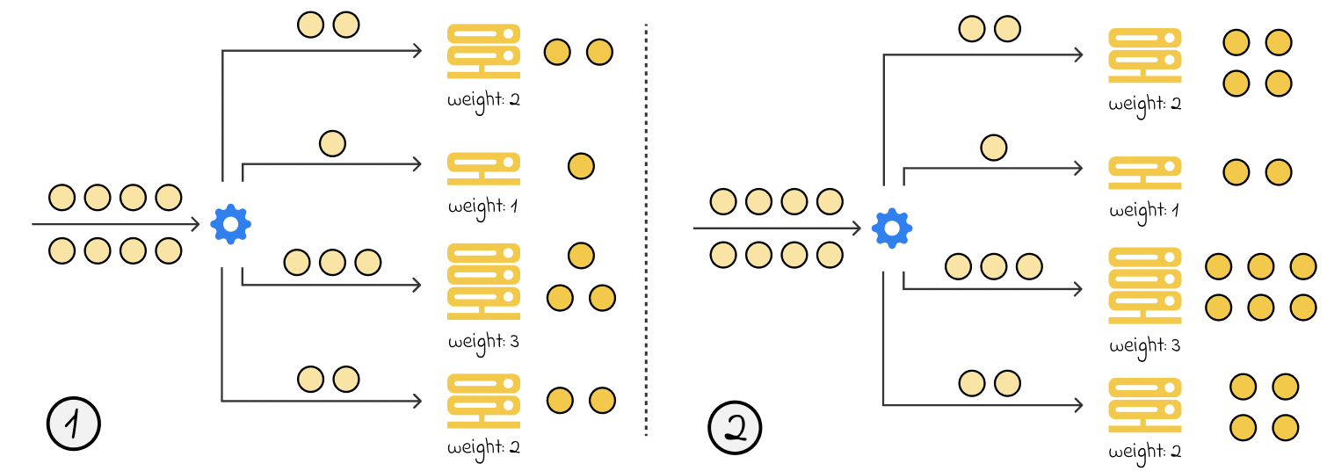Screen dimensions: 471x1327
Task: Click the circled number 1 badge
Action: pos(73,425)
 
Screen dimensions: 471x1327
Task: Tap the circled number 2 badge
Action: pos(735,428)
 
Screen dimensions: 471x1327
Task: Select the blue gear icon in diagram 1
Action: pos(231,224)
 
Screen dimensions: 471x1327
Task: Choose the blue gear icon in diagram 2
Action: pos(892,228)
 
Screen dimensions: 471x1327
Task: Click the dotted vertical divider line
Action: pos(646,228)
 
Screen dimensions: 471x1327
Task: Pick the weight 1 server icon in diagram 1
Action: pos(483,169)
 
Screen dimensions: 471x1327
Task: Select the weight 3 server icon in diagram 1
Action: pos(483,281)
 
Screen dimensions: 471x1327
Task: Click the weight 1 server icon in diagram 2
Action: pos(1144,172)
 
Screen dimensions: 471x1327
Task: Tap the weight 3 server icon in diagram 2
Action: pos(1144,286)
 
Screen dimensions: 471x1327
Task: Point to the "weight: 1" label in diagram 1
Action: pos(483,208)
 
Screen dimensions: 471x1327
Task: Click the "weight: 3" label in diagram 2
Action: pos(1144,344)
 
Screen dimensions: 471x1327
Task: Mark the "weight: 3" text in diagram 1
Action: pos(483,341)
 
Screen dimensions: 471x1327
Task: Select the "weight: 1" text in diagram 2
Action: pos(1144,212)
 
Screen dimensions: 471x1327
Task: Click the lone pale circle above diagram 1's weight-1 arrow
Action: pos(332,142)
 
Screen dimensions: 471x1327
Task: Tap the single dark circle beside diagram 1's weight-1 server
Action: pos(581,165)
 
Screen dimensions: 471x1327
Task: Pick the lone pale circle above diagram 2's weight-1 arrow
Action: pos(993,147)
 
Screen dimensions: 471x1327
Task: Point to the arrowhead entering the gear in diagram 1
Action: pos(196,225)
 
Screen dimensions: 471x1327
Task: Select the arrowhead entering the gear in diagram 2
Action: pos(857,228)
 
